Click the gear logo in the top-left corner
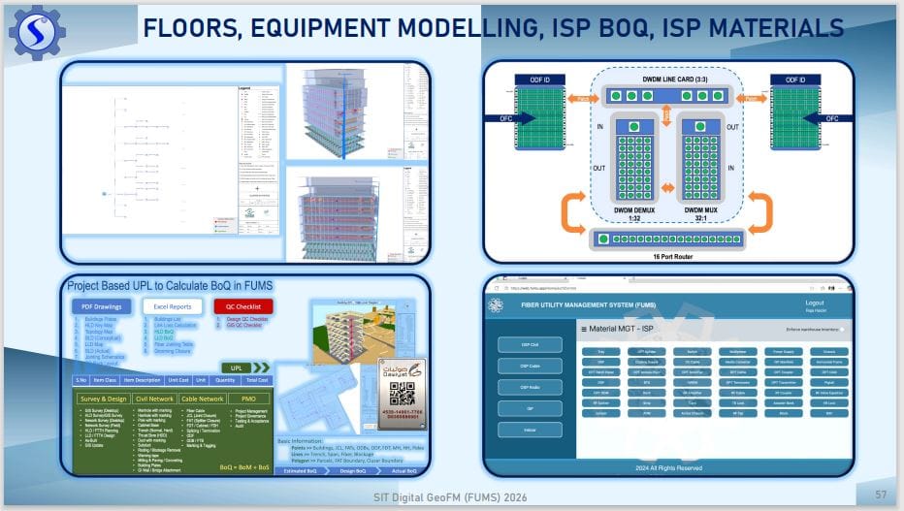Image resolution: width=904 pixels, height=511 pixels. [36, 31]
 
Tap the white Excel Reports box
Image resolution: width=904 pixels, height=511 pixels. [174, 307]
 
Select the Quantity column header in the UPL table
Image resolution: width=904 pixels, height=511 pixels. [224, 380]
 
